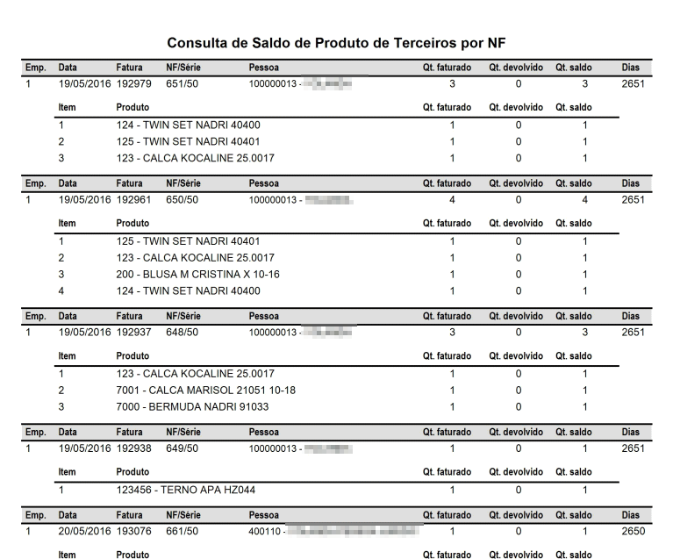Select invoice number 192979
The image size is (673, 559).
[133, 85]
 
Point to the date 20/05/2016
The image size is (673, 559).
[84, 532]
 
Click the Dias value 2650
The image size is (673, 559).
[633, 532]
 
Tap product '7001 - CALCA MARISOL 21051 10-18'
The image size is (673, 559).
[206, 391]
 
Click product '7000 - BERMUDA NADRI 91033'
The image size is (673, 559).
[192, 407]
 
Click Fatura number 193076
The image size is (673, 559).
[133, 532]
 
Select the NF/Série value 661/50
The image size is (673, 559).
[182, 532]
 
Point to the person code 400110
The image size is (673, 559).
[264, 532]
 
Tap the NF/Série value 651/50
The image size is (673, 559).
[182, 85]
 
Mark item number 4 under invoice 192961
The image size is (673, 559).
[61, 291]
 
